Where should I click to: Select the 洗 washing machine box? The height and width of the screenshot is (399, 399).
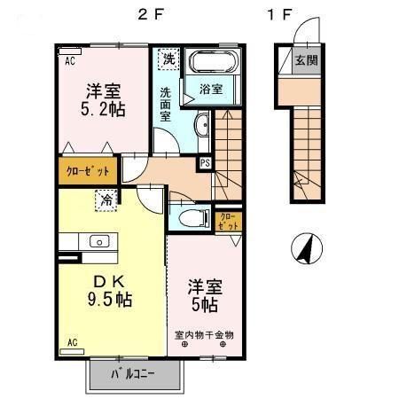168,60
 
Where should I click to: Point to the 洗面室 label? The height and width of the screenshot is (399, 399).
167,103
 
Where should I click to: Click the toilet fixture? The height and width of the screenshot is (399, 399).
191,218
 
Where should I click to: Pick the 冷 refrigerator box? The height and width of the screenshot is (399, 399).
106,201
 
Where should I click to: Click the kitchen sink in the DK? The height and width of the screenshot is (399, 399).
98,240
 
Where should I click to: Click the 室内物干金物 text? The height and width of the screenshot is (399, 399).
203,334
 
